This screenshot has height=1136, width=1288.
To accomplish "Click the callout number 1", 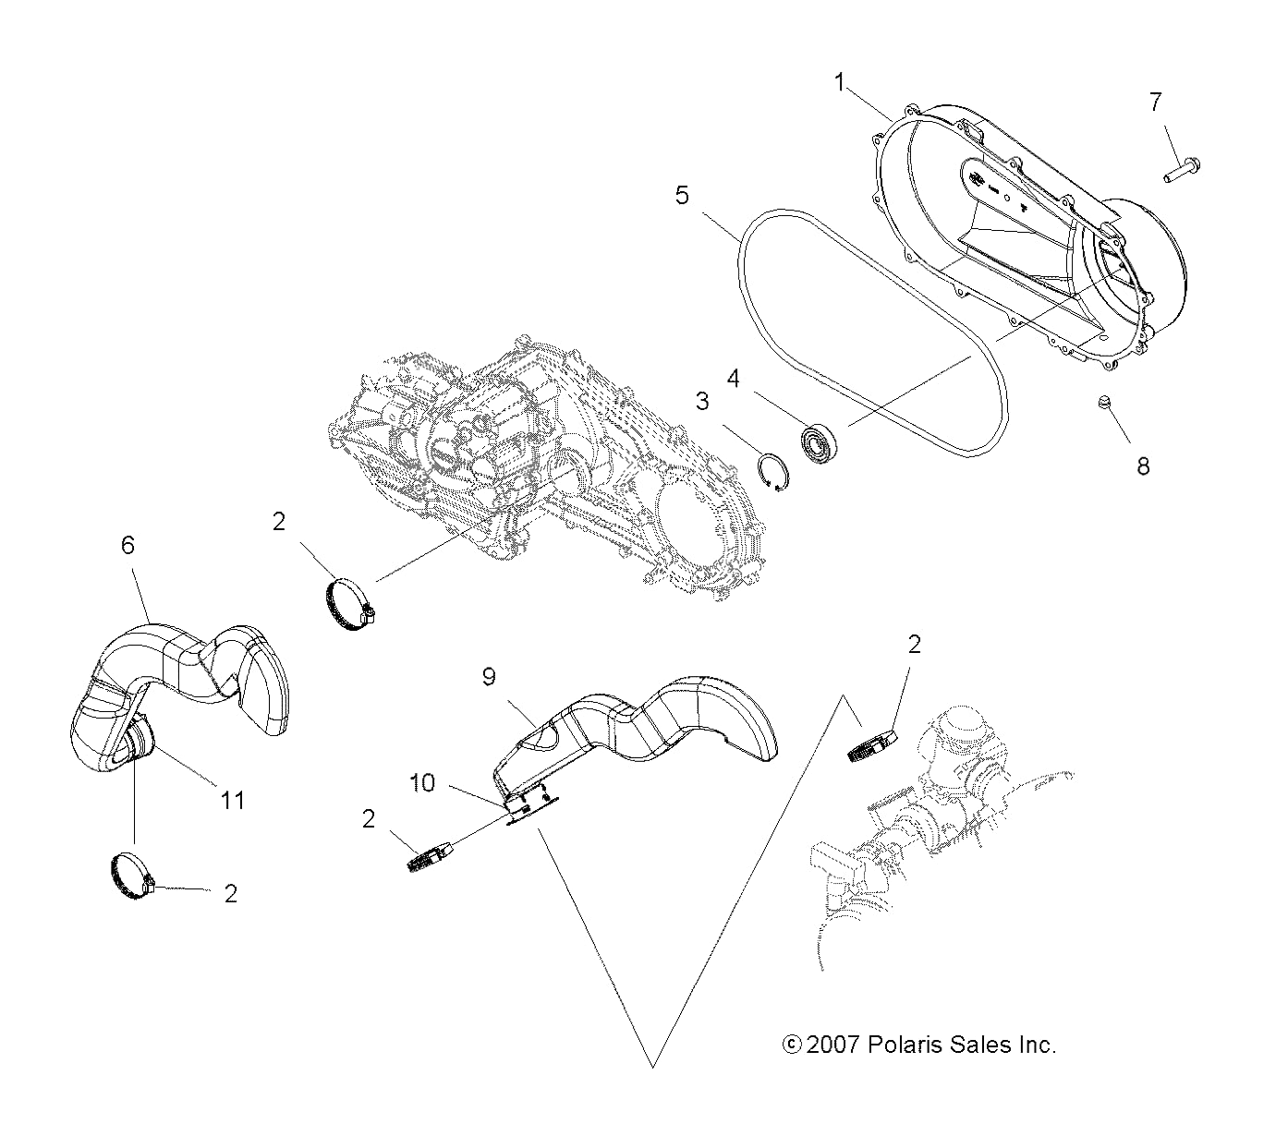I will coord(839,83).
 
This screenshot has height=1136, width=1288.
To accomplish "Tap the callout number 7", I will coord(1155,102).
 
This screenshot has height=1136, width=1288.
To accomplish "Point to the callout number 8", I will coord(1143,466).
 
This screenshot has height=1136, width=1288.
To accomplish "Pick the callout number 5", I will coord(682,196).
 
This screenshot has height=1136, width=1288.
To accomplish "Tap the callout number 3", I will coord(702,402).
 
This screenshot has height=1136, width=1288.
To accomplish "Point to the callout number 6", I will coord(128,546).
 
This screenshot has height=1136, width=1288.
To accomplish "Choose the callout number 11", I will coord(232,799).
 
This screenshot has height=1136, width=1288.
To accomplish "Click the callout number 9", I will coord(488,677).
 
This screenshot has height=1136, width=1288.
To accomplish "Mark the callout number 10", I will coord(422,783).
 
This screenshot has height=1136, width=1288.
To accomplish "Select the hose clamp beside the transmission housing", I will coord(349,605).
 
